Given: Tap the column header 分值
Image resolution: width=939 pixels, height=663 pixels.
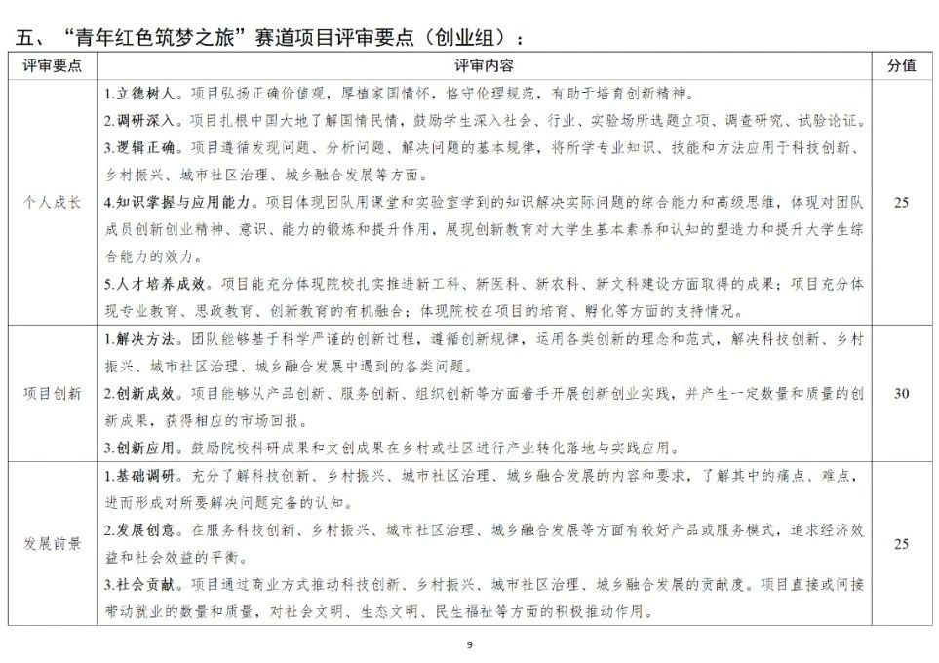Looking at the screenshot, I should point(901,64).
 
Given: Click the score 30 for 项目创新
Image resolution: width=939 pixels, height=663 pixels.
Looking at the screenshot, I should point(901,394).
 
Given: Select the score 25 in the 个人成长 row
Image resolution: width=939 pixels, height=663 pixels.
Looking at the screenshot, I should point(901,203).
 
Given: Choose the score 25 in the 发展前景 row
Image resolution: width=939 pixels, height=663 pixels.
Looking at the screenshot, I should point(901,543).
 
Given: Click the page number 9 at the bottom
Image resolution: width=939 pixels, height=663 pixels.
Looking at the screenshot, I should point(470,645).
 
